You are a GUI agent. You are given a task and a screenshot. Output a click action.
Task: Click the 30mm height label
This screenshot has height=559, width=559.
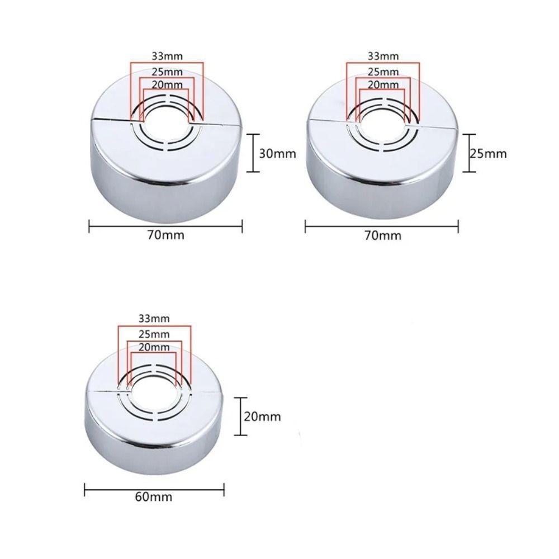[x=277, y=154]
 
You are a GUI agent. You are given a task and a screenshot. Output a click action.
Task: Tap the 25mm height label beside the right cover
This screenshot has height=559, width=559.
[x=488, y=154]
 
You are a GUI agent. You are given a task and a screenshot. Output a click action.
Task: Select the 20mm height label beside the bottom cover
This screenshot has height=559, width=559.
[x=262, y=416]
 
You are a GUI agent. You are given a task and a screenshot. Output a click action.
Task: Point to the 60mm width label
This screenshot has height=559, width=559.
[x=154, y=497]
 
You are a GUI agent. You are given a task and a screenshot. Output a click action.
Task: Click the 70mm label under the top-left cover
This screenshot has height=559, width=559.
[x=166, y=235]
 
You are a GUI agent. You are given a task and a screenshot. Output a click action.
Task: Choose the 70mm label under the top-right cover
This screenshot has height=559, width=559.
[x=383, y=236]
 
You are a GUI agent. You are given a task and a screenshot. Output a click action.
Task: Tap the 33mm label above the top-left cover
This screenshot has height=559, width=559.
[x=167, y=56]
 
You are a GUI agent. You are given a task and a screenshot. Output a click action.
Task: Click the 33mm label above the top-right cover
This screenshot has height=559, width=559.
[x=383, y=56]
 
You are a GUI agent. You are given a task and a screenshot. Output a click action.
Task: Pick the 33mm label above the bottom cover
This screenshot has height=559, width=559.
[x=154, y=319]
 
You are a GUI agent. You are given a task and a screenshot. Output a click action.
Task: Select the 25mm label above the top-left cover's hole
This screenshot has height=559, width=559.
[x=167, y=72]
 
